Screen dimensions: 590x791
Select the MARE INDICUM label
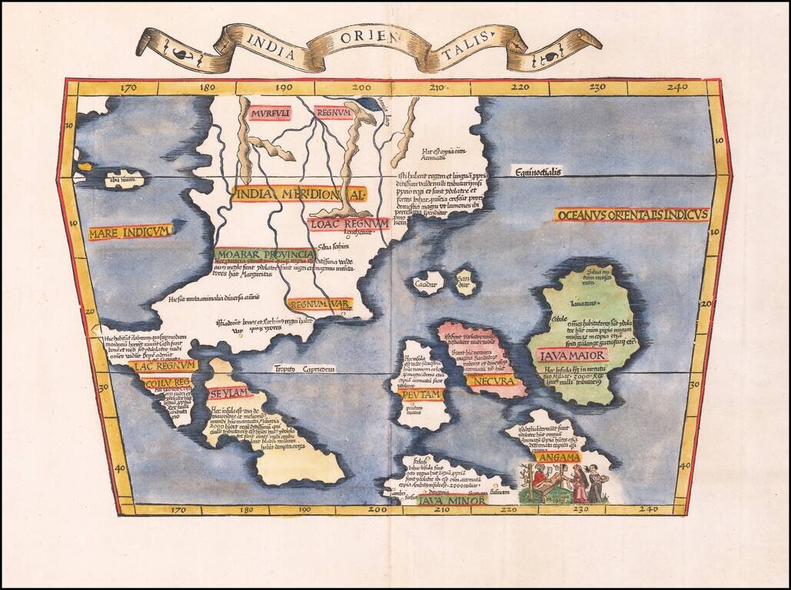point(130,232)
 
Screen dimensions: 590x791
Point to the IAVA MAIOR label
point(573,356)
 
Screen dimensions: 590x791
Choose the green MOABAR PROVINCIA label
point(264,254)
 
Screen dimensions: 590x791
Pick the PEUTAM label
point(421,394)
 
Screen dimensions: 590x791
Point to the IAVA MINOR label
point(453,501)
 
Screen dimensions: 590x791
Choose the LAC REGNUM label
point(164,366)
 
